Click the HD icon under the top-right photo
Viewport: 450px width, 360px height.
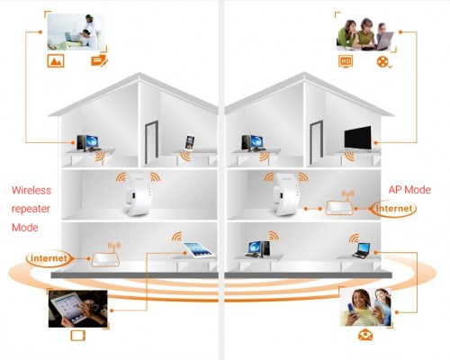(346, 61)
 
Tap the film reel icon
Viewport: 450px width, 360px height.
(383, 62)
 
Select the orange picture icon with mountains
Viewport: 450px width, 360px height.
(56, 61)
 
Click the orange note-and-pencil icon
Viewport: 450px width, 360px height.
(99, 60)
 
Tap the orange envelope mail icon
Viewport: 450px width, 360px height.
(365, 335)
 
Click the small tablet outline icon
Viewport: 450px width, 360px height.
(78, 336)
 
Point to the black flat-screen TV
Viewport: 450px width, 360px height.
(357, 138)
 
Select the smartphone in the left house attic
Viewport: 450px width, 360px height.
(190, 142)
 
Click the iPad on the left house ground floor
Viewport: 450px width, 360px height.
(199, 250)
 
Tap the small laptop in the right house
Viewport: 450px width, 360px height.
(362, 251)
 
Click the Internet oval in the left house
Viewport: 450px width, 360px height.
(49, 258)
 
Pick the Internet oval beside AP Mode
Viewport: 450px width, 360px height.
(393, 209)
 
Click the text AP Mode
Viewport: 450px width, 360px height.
(409, 190)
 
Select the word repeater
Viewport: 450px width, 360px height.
(31, 209)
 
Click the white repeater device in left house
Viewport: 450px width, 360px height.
(138, 193)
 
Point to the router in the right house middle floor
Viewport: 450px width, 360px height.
(339, 205)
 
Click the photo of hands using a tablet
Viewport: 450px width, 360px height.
(78, 309)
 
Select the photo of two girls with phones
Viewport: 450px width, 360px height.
(366, 307)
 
